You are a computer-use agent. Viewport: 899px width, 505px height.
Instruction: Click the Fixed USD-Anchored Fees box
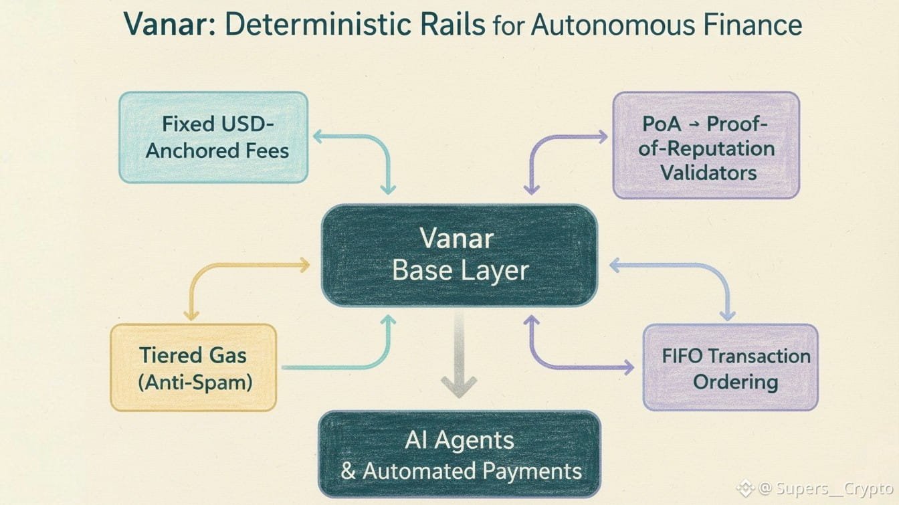point(213,137)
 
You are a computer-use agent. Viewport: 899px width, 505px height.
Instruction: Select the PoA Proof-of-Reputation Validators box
point(706,145)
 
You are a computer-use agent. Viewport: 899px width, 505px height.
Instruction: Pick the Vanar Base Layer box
point(459,255)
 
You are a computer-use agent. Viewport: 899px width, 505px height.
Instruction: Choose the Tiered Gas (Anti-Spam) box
point(193,367)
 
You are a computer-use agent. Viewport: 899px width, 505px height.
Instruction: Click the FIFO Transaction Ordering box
point(730,367)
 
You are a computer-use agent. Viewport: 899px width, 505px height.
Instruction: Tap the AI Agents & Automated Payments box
point(459,453)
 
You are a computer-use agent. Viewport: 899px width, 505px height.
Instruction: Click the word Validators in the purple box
point(708,172)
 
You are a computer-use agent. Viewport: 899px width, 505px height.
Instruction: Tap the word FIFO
point(683,355)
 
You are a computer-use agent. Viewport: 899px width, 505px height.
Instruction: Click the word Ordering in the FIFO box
point(735,382)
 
